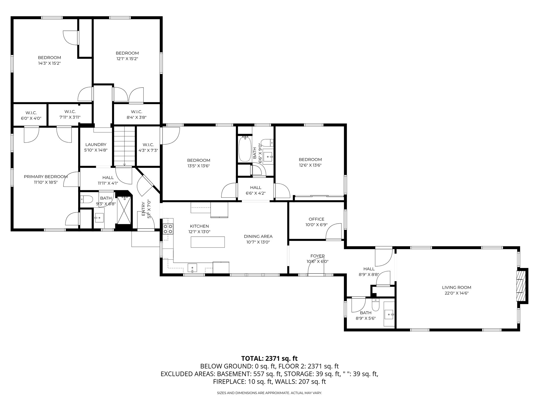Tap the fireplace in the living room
pyautogui.click(x=520, y=286)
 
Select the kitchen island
pyautogui.click(x=208, y=242)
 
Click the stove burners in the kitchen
pyautogui.click(x=168, y=229)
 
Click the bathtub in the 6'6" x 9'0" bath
pyautogui.click(x=245, y=149)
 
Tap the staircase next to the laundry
pyautogui.click(x=124, y=146)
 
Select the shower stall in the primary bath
pyautogui.click(x=124, y=210)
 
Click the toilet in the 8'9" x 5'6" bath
pyautogui.click(x=375, y=305)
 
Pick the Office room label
pyautogui.click(x=316, y=219)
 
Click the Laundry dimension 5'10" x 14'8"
pyautogui.click(x=96, y=150)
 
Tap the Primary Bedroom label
pyautogui.click(x=46, y=177)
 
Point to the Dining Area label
pyautogui.click(x=258, y=236)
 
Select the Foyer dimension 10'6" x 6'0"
pyautogui.click(x=317, y=262)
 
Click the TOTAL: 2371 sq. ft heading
pyautogui.click(x=269, y=358)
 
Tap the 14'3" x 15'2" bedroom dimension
pyautogui.click(x=49, y=63)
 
